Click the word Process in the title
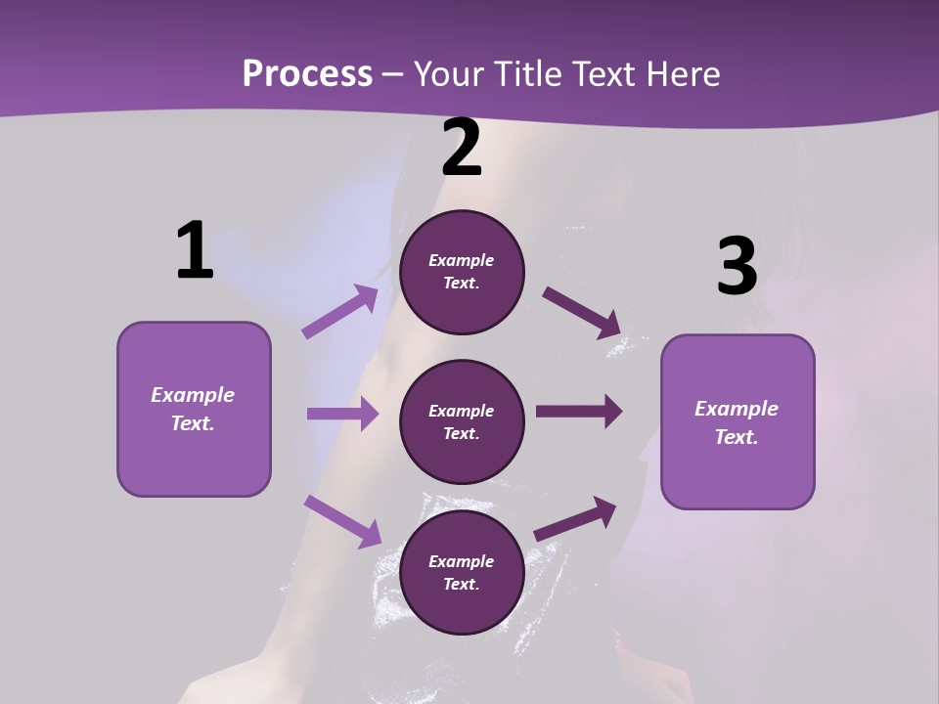tap(307, 74)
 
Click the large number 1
tap(195, 251)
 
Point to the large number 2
tap(462, 148)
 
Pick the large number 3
tap(737, 267)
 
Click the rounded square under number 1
tap(194, 409)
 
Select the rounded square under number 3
tap(738, 422)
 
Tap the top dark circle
tap(462, 272)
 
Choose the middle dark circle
tap(462, 422)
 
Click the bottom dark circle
tap(462, 572)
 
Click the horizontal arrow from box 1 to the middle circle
tap(342, 414)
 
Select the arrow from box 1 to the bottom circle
tap(342, 521)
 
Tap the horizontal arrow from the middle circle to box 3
tap(579, 411)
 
